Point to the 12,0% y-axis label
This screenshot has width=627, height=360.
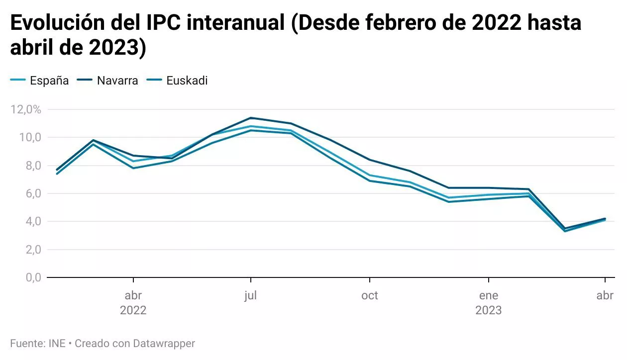click(26, 109)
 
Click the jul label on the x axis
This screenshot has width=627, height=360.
click(250, 296)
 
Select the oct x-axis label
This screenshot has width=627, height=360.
click(370, 296)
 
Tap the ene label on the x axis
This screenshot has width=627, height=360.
click(489, 296)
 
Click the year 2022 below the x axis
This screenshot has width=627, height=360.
click(133, 311)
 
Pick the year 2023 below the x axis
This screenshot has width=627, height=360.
click(489, 311)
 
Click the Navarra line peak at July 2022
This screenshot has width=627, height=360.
click(251, 118)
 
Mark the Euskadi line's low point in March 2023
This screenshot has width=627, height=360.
click(565, 231)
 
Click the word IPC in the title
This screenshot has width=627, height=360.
click(164, 23)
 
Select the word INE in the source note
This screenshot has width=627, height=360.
click(57, 343)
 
